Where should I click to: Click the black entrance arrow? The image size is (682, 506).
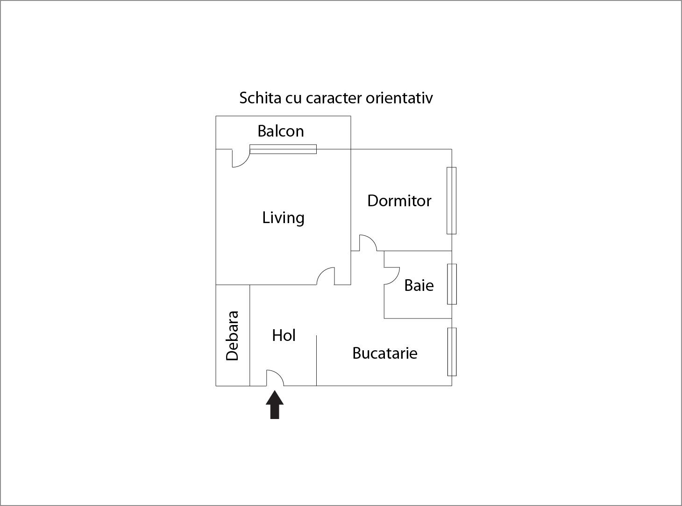pos(275,405)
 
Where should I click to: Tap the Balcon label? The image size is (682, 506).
pos(281,131)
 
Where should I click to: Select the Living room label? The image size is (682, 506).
pos(283,218)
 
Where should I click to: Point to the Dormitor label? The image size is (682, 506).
pos(399,201)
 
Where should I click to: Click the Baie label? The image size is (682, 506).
pos(419,285)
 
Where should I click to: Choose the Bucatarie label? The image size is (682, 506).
pos(384,353)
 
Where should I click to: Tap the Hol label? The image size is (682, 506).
pos(284,335)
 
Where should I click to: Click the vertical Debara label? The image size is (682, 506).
pos(232,336)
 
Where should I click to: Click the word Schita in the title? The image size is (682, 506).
pos(260,98)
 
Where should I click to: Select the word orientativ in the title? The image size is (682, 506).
pos(399,98)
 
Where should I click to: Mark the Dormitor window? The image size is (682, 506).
pos(451,201)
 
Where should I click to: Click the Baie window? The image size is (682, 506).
pos(452,284)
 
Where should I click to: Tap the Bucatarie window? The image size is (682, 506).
pos(452,352)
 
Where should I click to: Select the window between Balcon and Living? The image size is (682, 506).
pos(283,149)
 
